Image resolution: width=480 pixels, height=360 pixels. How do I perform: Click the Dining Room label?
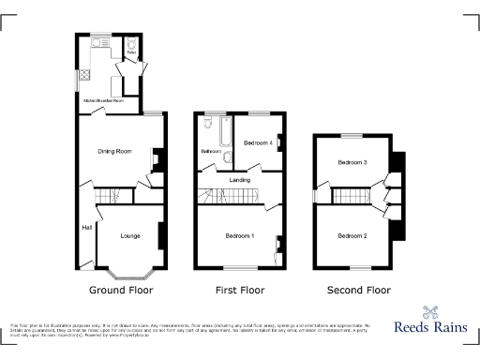pos(114,150)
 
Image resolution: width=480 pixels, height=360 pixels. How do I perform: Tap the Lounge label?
pos(130,235)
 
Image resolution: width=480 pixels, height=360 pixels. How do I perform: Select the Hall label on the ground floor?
pos(86,228)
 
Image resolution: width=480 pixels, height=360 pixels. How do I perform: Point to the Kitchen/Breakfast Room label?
pos(104,99)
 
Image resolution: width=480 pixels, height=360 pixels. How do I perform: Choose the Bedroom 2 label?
pos(352,235)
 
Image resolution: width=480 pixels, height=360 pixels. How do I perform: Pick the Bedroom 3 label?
pos(352,162)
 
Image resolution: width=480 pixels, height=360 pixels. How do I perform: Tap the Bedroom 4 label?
pos(258,143)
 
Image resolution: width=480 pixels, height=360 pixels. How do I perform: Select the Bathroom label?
pos(209,151)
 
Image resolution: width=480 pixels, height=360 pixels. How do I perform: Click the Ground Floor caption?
pos(120,291)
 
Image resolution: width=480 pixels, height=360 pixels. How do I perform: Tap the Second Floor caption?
pos(358,291)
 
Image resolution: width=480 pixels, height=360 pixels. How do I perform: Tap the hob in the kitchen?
pos(84,77)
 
